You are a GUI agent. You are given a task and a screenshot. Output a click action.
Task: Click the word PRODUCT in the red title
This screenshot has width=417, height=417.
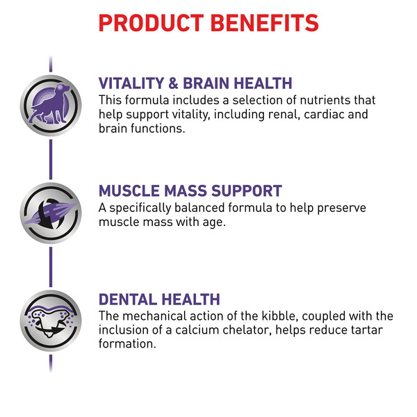(151, 23)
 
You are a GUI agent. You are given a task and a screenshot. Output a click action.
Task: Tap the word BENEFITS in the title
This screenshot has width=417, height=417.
(265, 23)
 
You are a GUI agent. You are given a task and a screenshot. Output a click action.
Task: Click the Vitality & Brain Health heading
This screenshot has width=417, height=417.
(195, 83)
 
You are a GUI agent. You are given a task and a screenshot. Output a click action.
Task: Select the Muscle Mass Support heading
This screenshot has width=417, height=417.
(190, 190)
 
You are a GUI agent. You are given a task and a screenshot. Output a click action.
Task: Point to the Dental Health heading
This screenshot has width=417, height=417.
(159, 300)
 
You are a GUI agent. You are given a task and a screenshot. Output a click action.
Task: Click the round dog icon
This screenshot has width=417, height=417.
(51, 106)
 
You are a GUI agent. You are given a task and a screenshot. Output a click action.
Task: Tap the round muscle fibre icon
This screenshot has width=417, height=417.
(51, 213)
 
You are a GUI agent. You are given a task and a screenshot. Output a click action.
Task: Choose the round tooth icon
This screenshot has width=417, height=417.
(51, 320)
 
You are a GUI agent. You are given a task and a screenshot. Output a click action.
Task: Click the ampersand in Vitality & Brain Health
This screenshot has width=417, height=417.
(173, 83)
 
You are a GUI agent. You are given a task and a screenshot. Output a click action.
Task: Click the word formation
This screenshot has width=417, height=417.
(127, 343)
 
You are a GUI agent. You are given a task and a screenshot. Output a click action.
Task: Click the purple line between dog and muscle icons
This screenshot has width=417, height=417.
(51, 159)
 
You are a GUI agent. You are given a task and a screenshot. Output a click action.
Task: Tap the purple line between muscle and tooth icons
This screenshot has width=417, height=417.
(51, 267)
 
